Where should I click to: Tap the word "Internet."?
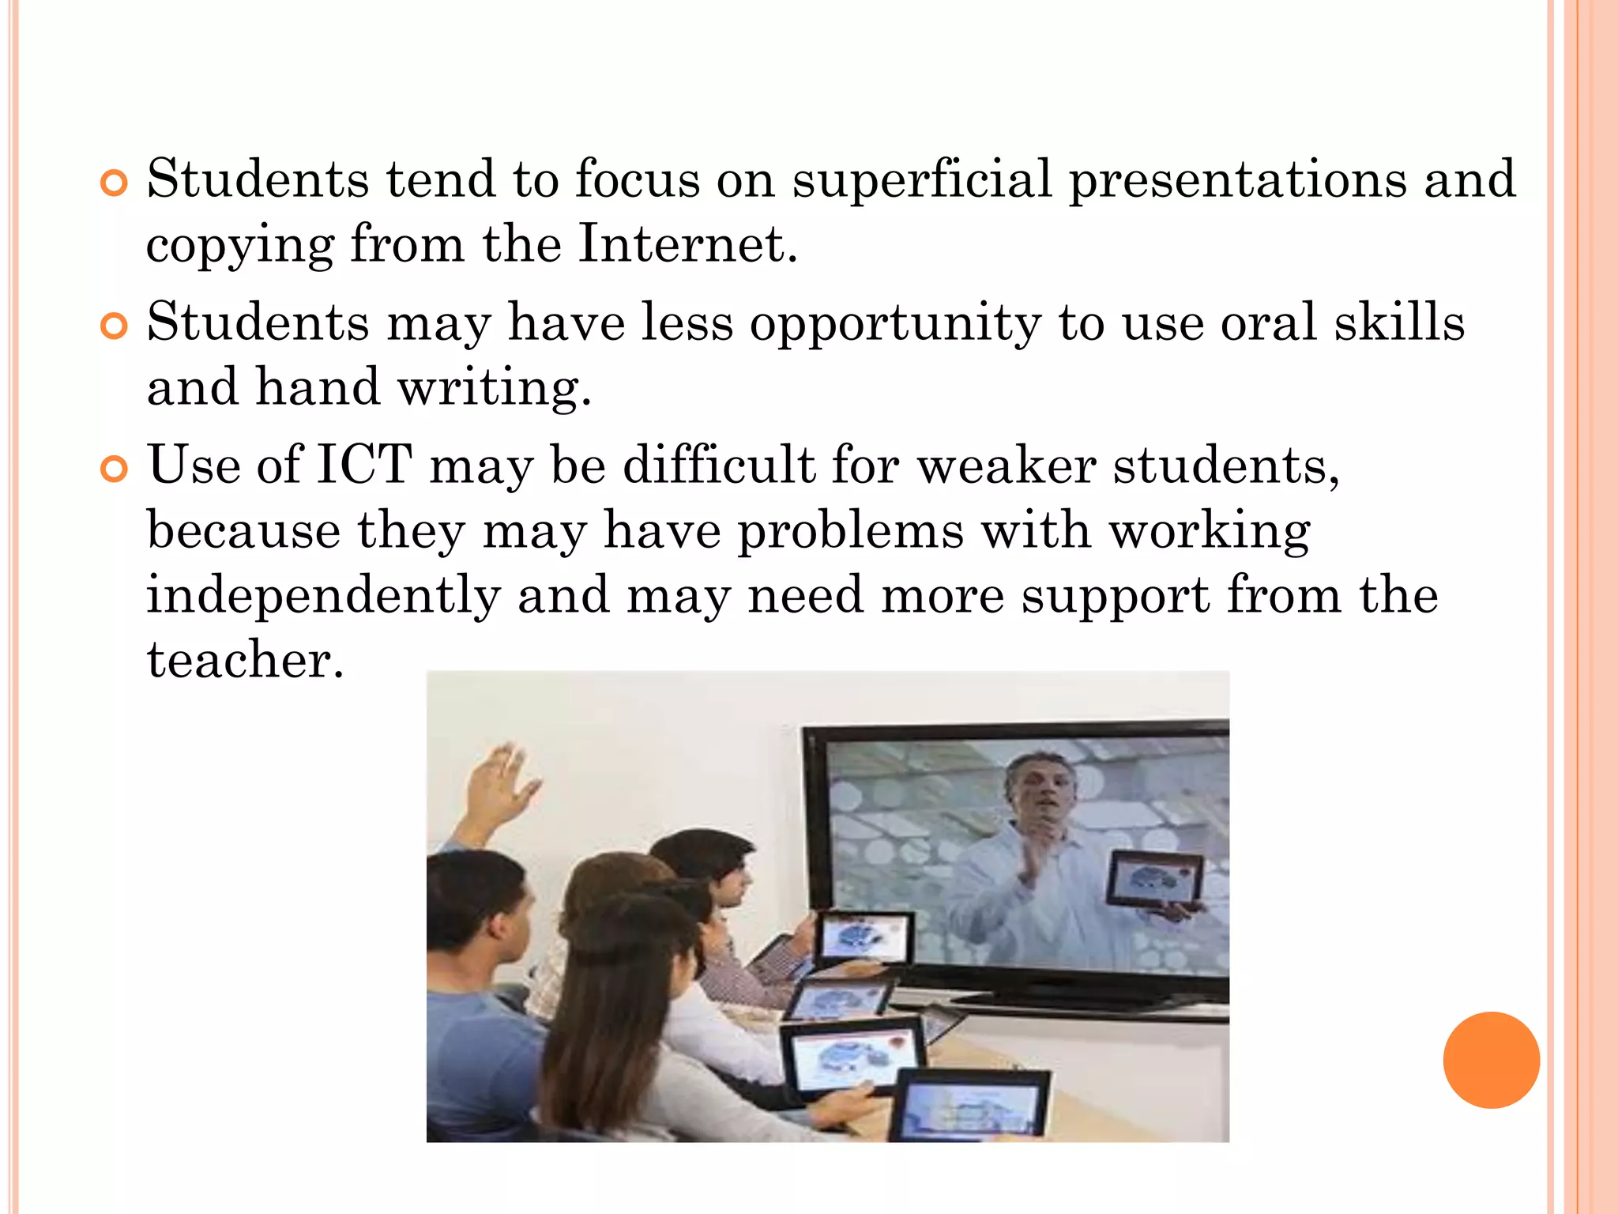pyautogui.click(x=687, y=243)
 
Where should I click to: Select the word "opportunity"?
pyautogui.click(x=895, y=323)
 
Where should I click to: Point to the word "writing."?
pyautogui.click(x=495, y=388)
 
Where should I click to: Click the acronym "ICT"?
pyautogui.click(x=364, y=465)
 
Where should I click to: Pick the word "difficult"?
pyautogui.click(x=719, y=465)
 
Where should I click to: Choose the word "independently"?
pyautogui.click(x=323, y=596)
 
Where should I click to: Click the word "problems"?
pyautogui.click(x=850, y=530)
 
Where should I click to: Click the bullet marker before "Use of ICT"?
pyautogui.click(x=114, y=469)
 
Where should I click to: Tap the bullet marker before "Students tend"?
pyautogui.click(x=114, y=183)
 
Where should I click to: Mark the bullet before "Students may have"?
pyautogui.click(x=114, y=326)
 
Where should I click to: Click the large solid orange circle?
pyautogui.click(x=1491, y=1060)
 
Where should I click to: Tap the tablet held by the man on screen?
pyautogui.click(x=1154, y=878)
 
